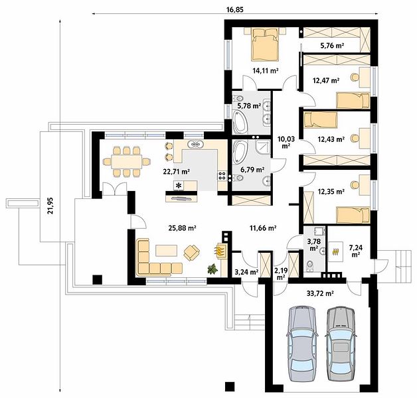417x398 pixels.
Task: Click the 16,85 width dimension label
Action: [x=235, y=10]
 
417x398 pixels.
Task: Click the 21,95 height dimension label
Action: [x=50, y=206]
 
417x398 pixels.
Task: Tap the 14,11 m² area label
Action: [x=266, y=70]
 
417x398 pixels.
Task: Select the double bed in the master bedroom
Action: [x=266, y=44]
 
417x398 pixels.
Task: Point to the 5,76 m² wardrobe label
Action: [x=333, y=46]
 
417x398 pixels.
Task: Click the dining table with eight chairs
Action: [x=127, y=161]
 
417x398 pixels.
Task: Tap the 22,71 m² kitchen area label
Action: [x=177, y=171]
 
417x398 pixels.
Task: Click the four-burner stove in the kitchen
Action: [x=222, y=176]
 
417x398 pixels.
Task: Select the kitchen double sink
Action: [x=196, y=145]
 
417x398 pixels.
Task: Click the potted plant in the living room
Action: [x=212, y=269]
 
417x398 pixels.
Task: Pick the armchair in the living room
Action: [x=192, y=252]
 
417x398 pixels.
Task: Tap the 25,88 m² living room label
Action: [x=183, y=228]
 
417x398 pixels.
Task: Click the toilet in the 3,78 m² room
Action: [x=310, y=266]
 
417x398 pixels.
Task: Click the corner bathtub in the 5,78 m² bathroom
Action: [x=240, y=122]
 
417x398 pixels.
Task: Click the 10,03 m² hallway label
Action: [x=286, y=142]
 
